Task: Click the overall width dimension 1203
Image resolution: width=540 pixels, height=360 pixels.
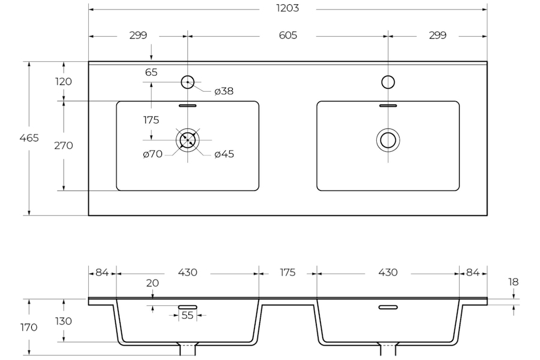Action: (x=287, y=8)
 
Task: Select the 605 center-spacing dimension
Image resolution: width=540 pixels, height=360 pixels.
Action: (x=288, y=35)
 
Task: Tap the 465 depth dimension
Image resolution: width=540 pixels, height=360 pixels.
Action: (x=29, y=138)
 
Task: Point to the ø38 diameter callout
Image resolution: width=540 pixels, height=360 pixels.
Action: (x=224, y=91)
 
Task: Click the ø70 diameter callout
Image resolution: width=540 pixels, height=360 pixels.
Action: (x=152, y=154)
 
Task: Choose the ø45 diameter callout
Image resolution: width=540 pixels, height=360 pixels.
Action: (x=224, y=154)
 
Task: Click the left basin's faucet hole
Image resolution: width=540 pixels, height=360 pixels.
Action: (x=188, y=82)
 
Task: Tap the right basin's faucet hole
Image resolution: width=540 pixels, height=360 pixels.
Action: (x=388, y=82)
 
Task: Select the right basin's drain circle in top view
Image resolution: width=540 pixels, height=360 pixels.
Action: (x=388, y=140)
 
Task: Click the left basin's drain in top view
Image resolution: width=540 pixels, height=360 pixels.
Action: (x=188, y=140)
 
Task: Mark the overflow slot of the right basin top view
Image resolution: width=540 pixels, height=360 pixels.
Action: (x=388, y=106)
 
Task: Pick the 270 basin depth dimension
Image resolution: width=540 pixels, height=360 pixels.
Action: (x=64, y=146)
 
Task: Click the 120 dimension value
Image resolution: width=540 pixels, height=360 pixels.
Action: (x=64, y=82)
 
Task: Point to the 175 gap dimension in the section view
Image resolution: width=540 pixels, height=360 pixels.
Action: (x=287, y=272)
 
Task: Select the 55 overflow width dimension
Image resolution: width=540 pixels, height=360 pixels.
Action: (x=187, y=315)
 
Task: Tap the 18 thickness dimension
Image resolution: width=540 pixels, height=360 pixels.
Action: (x=513, y=282)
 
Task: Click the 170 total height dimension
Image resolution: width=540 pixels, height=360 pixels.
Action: (x=29, y=327)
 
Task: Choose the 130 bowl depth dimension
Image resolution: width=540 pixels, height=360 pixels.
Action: (x=64, y=321)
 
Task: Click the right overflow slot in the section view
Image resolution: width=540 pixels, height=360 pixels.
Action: (x=388, y=307)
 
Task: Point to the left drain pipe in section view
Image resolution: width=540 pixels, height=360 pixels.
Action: (x=188, y=349)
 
